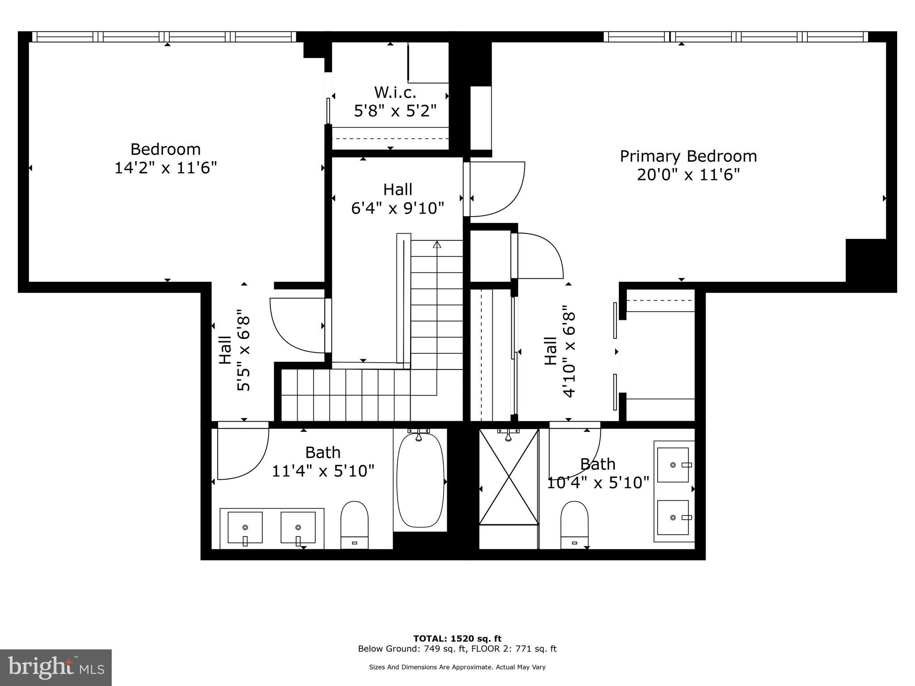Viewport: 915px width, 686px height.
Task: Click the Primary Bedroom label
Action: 688,156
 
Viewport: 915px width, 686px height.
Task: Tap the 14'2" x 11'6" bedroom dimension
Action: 166,168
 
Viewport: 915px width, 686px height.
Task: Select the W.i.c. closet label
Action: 395,92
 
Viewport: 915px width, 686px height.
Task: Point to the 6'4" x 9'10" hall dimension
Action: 398,208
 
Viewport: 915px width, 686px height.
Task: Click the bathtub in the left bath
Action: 420,480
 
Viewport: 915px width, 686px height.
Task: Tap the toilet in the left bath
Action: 354,524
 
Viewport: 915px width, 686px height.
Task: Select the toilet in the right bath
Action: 574,524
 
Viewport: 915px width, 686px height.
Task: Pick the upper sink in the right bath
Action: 673,465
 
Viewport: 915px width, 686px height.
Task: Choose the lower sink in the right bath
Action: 673,518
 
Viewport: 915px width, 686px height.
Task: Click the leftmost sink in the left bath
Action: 245,528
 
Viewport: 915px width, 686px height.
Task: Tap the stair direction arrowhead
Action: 437,244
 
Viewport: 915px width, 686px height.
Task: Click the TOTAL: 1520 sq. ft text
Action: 457,639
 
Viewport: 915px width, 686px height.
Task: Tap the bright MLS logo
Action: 56,668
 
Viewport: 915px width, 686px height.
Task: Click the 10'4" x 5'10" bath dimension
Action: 598,482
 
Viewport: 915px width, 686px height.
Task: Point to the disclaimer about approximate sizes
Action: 457,667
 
